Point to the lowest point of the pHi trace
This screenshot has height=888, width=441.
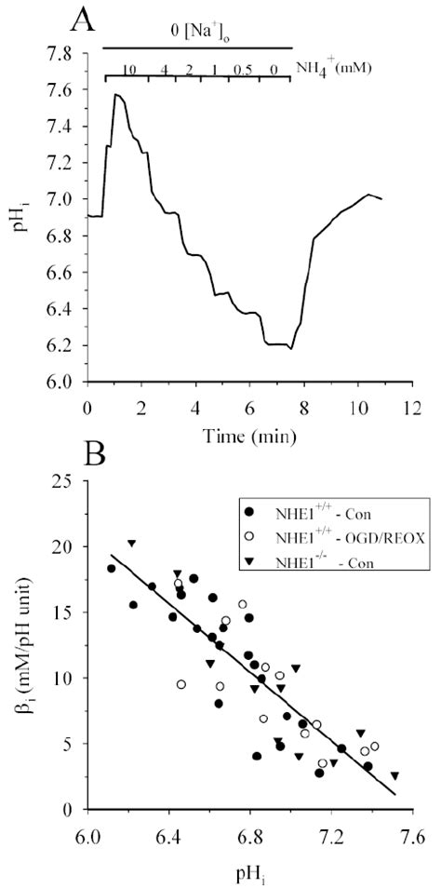pyautogui.click(x=290, y=349)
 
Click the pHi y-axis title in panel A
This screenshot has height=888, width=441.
pyautogui.click(x=17, y=218)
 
